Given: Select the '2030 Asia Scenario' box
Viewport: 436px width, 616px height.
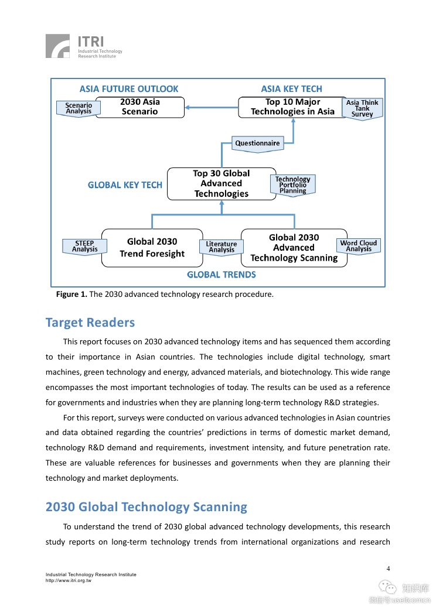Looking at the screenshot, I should [139, 107].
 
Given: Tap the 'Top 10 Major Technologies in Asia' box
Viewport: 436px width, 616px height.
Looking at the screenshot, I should [292, 107].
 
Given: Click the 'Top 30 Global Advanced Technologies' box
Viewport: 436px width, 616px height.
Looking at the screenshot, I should [221, 184].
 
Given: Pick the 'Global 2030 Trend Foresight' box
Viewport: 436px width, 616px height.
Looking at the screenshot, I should [152, 248].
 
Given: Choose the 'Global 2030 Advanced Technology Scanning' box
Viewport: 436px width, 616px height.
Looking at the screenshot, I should [294, 248].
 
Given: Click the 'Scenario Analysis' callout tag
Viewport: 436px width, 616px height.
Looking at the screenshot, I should [79, 108].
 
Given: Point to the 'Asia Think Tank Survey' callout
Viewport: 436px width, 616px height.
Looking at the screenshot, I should [362, 108].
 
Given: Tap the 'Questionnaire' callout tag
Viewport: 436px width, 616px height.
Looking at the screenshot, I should [257, 143].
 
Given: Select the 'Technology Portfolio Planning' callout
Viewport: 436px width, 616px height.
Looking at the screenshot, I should [292, 185].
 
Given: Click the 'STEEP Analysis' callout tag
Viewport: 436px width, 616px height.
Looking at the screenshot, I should [84, 247].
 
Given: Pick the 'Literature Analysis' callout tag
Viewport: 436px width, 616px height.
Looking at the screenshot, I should [222, 247].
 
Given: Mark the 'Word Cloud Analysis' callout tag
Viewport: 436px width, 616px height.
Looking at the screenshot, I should [359, 246].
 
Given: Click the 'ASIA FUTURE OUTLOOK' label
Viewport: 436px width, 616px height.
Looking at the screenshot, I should [129, 89].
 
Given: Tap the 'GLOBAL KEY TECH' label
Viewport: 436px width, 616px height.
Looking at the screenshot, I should [125, 185].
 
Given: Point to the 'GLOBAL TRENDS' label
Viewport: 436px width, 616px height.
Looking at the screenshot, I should [221, 275].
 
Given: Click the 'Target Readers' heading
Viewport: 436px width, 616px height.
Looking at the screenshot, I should [90, 323].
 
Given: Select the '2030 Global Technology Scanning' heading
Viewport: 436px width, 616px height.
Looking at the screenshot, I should [147, 507].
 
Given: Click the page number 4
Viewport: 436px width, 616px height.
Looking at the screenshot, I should [388, 569].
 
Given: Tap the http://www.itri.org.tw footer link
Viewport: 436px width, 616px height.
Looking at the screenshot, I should [68, 580].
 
